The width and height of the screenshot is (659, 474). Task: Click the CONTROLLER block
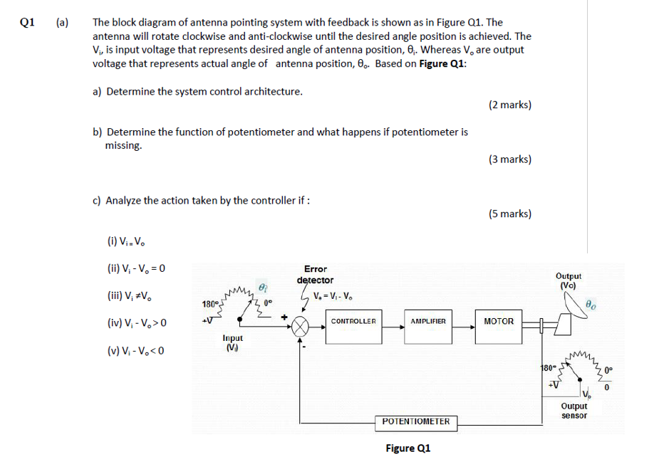(353, 322)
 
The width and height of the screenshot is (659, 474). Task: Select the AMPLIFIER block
(428, 322)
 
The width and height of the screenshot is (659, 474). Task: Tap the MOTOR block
(498, 322)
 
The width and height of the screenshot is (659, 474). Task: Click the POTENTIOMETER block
(416, 421)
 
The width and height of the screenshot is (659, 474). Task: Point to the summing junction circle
(301, 327)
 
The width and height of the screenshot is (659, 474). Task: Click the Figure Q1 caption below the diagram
(408, 448)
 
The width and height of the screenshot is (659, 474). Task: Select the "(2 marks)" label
(509, 105)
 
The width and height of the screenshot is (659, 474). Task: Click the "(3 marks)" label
(509, 159)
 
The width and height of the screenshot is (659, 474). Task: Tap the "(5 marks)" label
(509, 214)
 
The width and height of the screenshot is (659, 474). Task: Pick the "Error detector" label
(315, 275)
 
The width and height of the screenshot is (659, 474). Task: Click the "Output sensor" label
(574, 411)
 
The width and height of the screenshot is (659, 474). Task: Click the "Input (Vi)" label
(232, 343)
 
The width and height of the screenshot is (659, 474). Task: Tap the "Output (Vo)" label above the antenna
(568, 280)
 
